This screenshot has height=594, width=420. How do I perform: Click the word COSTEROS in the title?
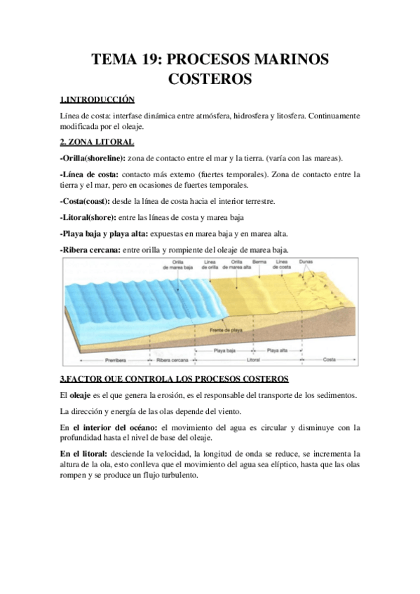pos(210,79)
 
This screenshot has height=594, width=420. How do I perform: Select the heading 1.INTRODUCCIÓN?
pos(97,99)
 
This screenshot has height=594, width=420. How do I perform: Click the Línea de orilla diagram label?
pos(209,265)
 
